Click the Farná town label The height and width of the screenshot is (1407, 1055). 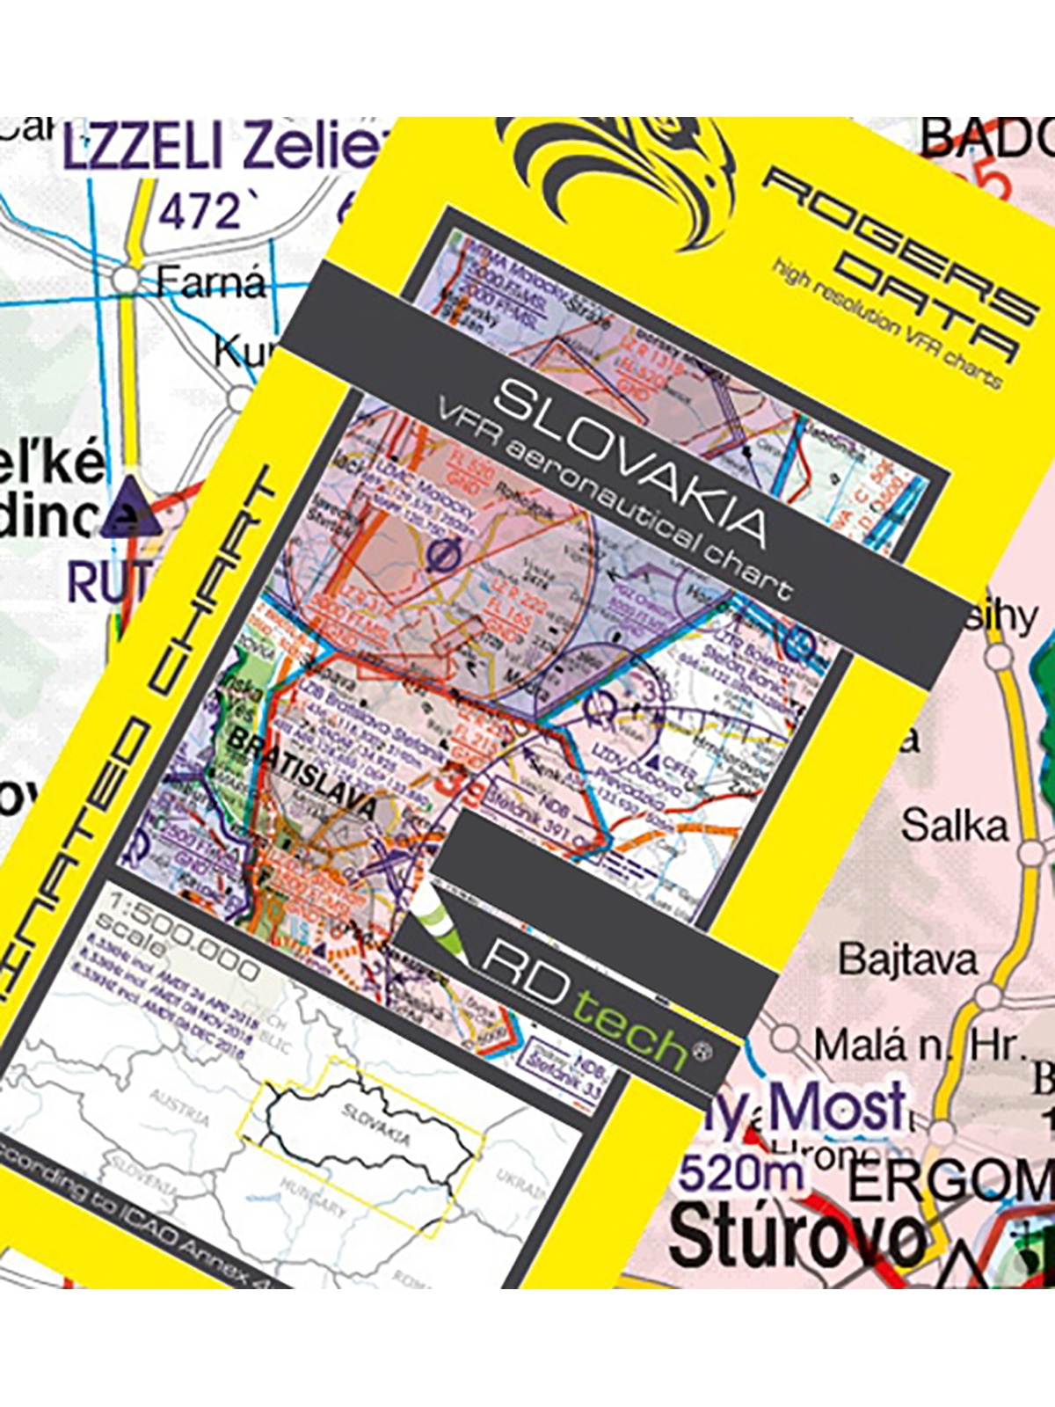pyautogui.click(x=210, y=283)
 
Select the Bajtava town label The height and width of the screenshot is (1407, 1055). pyautogui.click(x=907, y=959)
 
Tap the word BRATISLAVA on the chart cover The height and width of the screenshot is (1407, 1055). pyautogui.click(x=303, y=774)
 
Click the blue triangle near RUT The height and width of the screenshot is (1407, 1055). pyautogui.click(x=130, y=509)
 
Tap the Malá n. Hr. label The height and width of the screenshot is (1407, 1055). pyautogui.click(x=918, y=1046)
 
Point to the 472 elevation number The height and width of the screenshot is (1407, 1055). pyautogui.click(x=199, y=212)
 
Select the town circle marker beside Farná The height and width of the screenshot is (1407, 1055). pyautogui.click(x=127, y=281)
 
